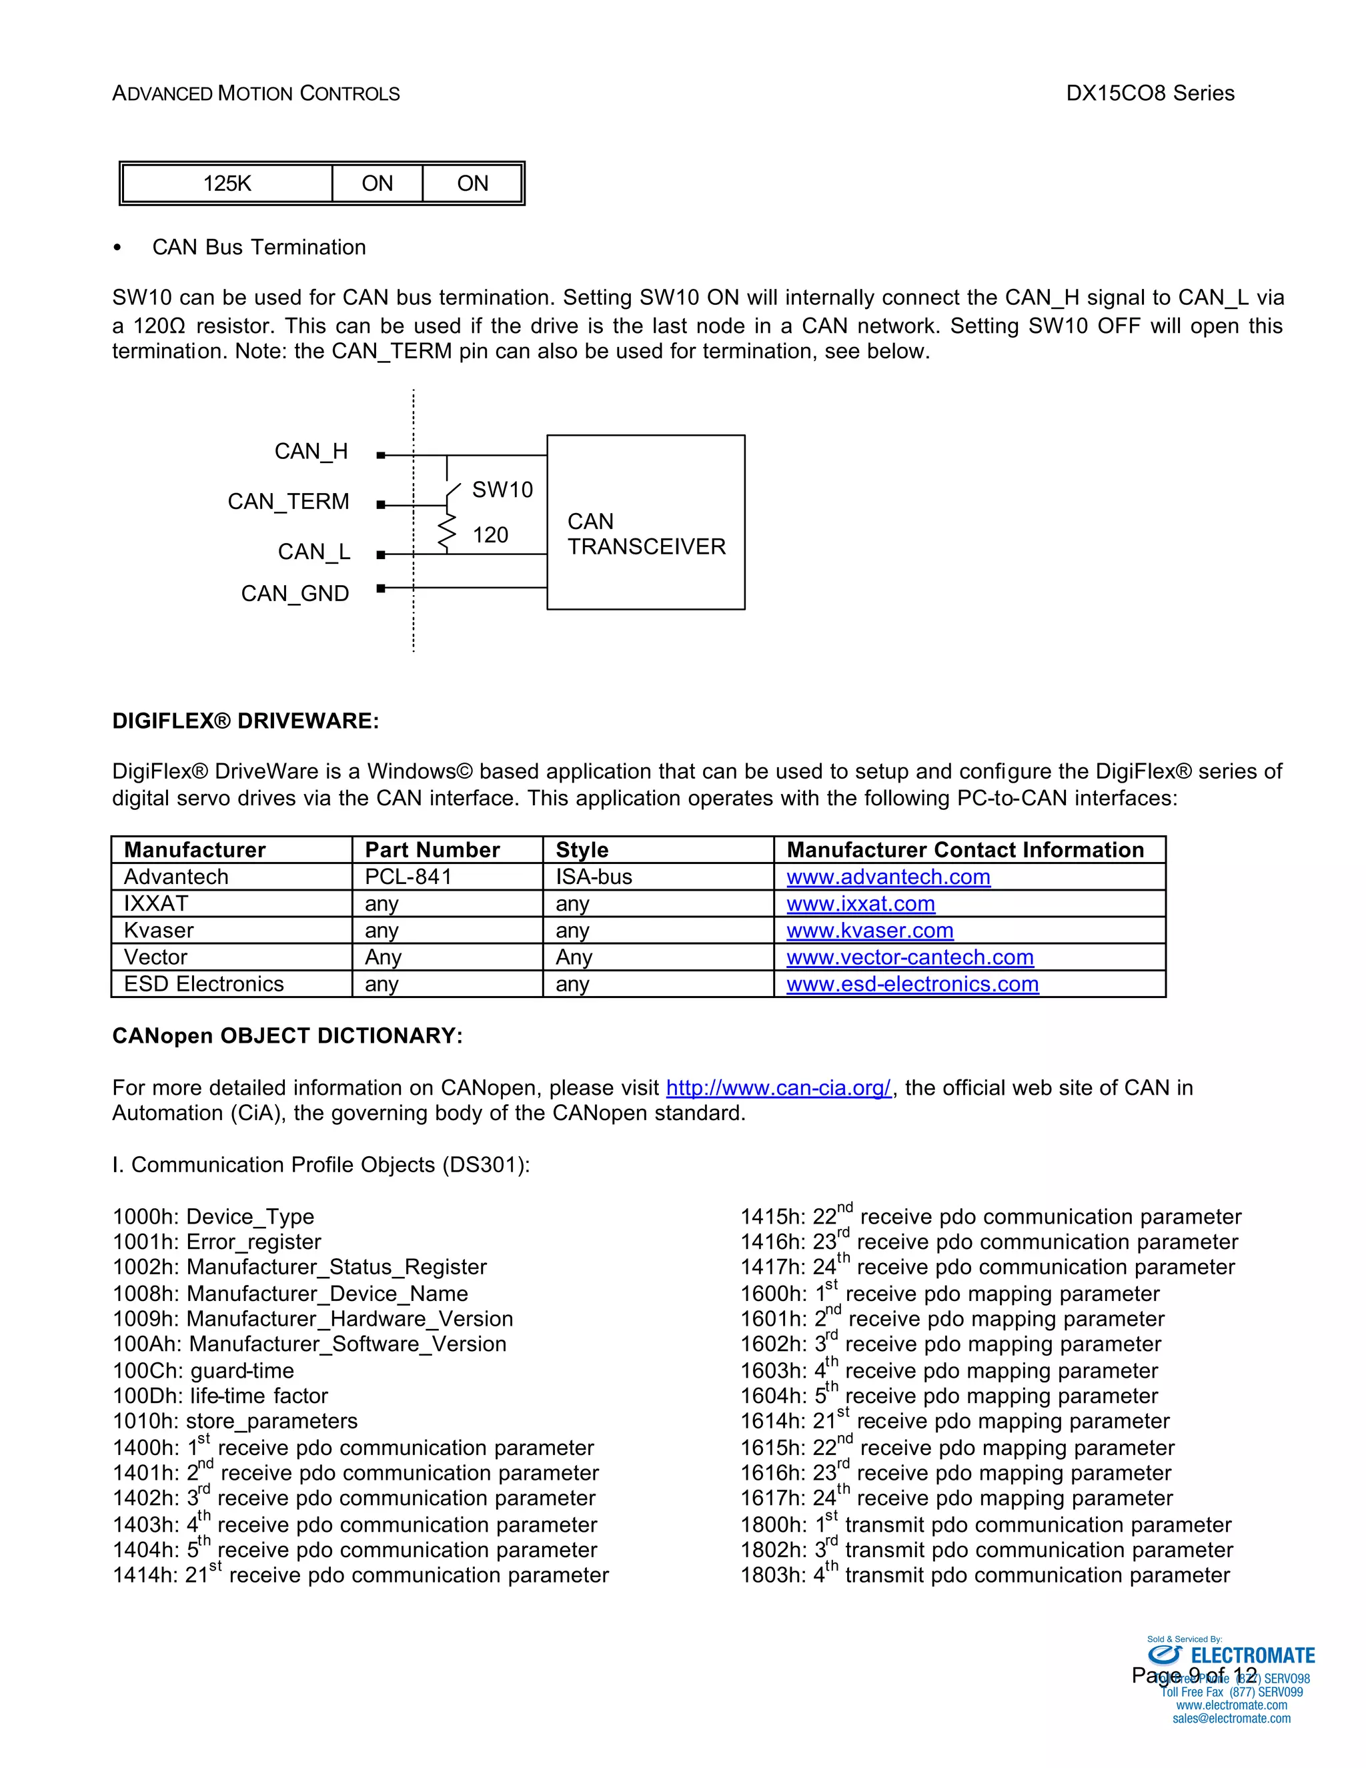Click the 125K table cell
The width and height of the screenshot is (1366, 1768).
click(x=227, y=183)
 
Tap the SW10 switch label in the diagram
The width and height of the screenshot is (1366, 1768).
click(x=502, y=490)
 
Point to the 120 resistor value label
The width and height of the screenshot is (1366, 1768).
click(x=490, y=535)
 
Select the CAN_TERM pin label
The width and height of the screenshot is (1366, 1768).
click(x=288, y=502)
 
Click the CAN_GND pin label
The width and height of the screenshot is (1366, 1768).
click(x=295, y=594)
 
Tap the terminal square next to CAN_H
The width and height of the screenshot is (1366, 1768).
click(x=381, y=456)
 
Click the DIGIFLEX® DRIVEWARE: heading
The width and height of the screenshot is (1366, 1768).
click(x=245, y=721)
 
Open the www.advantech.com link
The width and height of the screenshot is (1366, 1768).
click(x=888, y=877)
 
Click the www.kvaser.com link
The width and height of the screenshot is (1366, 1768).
click(x=869, y=930)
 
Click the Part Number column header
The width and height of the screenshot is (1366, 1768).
click(x=432, y=850)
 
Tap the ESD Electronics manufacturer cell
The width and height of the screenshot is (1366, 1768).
click(x=204, y=983)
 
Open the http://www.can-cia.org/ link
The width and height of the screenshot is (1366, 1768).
click(x=778, y=1087)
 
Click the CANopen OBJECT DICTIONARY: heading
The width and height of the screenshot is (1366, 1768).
click(x=287, y=1036)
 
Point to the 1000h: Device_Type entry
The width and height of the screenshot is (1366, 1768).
click(x=213, y=1217)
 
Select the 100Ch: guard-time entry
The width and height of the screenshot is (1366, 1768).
click(x=203, y=1370)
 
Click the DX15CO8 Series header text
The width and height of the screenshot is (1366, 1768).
click(x=1149, y=93)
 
